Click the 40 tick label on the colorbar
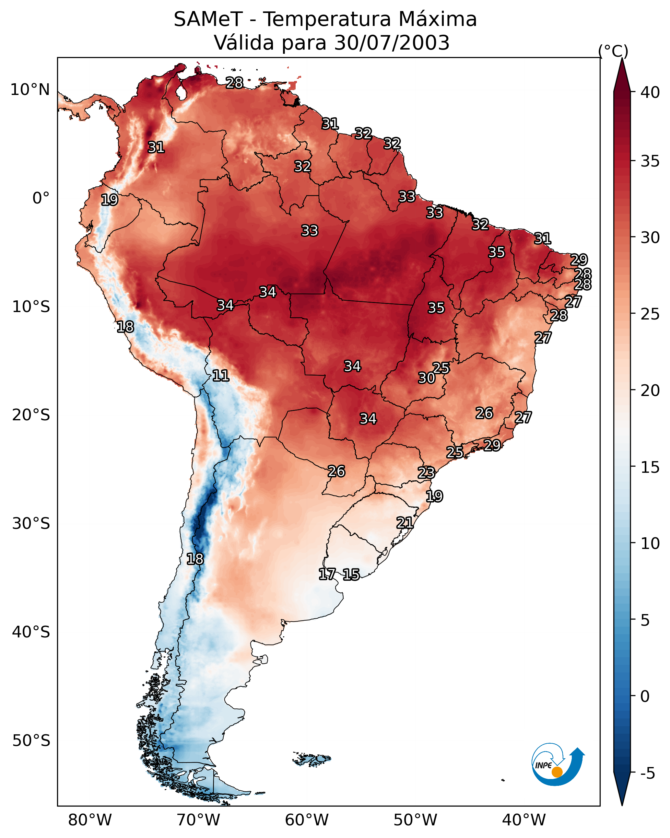tap(650, 92)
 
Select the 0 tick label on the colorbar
tap(645, 696)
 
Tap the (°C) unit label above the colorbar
tap(613, 51)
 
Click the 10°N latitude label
tap(30, 90)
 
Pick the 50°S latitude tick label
tap(31, 741)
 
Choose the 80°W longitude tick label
tap(90, 820)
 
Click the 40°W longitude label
tap(524, 820)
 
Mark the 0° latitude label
tap(41, 198)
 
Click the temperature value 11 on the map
tap(220, 376)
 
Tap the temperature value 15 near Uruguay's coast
tap(351, 575)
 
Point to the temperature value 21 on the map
tap(405, 523)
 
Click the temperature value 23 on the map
tap(426, 473)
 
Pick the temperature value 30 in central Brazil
tap(427, 378)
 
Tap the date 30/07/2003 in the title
tap(392, 43)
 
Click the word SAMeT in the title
tap(208, 19)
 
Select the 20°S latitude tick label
tap(31, 415)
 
